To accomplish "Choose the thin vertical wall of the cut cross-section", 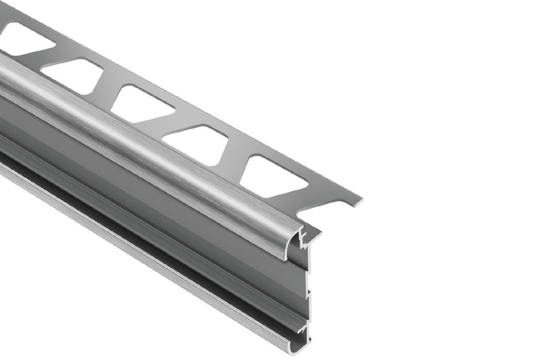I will [309, 284].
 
